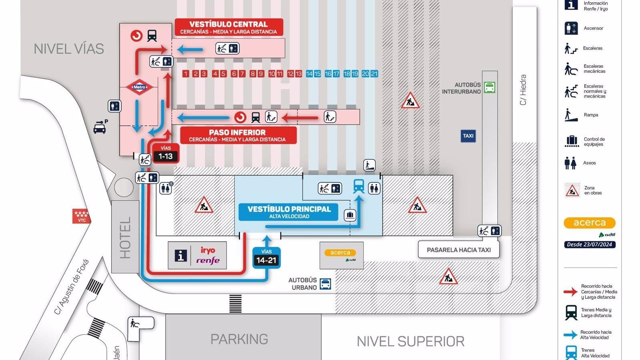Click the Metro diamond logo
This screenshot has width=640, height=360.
[x=139, y=87]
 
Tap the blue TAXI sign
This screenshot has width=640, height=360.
[x=468, y=136]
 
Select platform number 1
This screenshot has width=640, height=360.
[x=186, y=74]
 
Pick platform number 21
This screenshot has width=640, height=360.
[x=374, y=74]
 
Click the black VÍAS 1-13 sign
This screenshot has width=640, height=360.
[x=166, y=154]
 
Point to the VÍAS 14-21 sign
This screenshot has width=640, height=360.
[x=266, y=258]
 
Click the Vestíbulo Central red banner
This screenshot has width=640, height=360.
[x=228, y=27]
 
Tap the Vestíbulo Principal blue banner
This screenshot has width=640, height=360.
[x=289, y=212]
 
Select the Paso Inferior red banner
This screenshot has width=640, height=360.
[x=238, y=135]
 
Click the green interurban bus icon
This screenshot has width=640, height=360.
[x=490, y=87]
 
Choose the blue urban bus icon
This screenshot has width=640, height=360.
[x=326, y=284]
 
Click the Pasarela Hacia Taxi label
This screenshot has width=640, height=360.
[x=459, y=250]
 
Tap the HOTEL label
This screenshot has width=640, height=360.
[x=125, y=238]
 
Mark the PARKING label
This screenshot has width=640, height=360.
[x=239, y=339]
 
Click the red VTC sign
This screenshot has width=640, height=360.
[x=81, y=216]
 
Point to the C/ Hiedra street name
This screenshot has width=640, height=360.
[x=523, y=90]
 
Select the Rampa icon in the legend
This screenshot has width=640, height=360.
[x=571, y=115]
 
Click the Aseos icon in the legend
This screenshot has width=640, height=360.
[x=570, y=163]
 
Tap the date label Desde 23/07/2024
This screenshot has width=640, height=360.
[x=590, y=244]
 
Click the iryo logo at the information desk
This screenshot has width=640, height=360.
[x=208, y=250]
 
